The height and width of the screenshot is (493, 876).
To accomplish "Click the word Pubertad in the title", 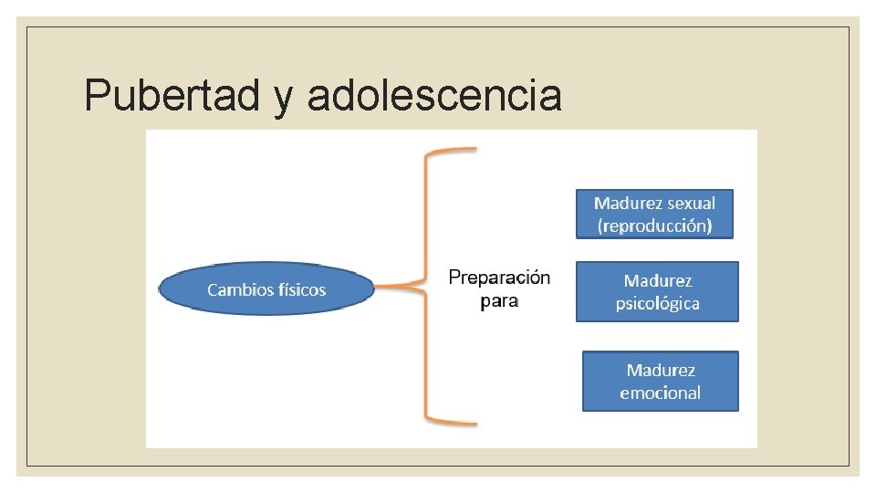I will click(x=172, y=95).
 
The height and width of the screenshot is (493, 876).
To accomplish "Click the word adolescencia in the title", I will click(x=434, y=95).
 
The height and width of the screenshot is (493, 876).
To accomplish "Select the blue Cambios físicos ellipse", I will click(x=266, y=289).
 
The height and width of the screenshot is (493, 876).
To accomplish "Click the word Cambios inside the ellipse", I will click(x=238, y=290).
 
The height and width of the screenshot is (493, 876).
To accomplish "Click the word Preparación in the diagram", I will click(x=499, y=278).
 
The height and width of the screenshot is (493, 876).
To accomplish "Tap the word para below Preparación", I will click(x=499, y=300).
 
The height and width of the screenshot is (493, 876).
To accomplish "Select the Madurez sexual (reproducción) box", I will click(x=654, y=214).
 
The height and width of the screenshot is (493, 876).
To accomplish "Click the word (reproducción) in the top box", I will click(x=654, y=226).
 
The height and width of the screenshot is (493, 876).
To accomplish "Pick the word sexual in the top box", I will click(x=691, y=203).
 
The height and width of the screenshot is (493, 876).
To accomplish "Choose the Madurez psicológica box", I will click(x=657, y=291).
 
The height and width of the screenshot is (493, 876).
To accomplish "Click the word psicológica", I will click(x=657, y=303).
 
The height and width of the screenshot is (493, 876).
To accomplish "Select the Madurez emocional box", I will click(x=660, y=381).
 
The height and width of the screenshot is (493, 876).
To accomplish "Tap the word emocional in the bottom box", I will click(x=660, y=393).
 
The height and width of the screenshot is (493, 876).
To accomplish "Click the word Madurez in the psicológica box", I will click(x=658, y=280).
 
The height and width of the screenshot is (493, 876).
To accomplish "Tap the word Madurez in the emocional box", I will click(x=661, y=370).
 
